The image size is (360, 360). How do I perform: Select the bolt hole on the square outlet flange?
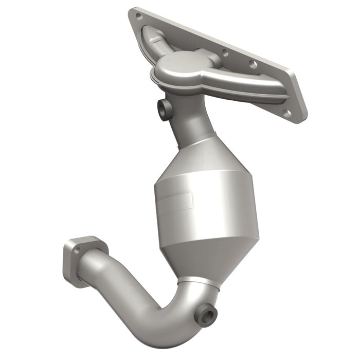point(77,250)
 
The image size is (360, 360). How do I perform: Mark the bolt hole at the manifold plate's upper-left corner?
point(137,16)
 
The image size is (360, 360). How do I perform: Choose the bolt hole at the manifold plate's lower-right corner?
point(287,113)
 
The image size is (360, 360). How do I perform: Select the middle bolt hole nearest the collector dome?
point(224,52)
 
